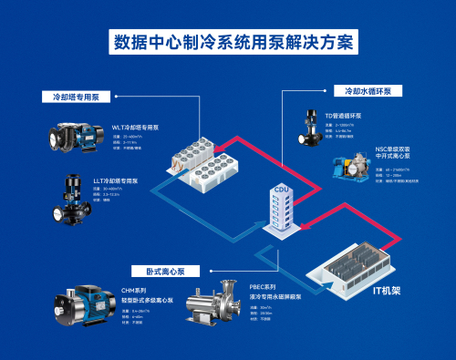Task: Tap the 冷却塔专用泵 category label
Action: [76, 96]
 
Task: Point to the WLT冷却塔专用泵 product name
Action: [136, 128]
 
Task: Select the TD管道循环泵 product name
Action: [345, 117]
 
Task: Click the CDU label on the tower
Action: [280, 190]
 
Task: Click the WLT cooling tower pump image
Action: [75, 139]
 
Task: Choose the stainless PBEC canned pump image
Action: [215, 314]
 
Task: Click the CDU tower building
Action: [280, 212]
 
